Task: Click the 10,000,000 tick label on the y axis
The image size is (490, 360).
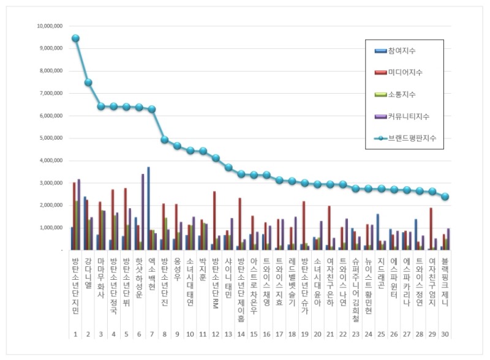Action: pyautogui.click(x=50, y=26)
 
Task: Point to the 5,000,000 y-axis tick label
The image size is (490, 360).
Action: pyautogui.click(x=51, y=138)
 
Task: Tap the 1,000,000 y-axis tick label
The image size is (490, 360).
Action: pyautogui.click(x=51, y=228)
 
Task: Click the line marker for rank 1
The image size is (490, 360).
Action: pyautogui.click(x=75, y=38)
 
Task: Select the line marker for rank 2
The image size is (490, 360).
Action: pyautogui.click(x=88, y=82)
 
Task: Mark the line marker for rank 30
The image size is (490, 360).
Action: pyautogui.click(x=445, y=197)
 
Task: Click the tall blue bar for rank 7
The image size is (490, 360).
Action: pyautogui.click(x=148, y=208)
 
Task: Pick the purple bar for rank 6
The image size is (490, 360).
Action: pyautogui.click(x=143, y=211)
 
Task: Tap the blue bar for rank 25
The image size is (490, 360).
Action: pyautogui.click(x=377, y=231)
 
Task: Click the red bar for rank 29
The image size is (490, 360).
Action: pyautogui.click(x=431, y=228)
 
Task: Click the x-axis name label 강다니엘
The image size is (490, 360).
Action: pyautogui.click(x=88, y=276)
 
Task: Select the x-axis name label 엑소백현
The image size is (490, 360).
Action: pyautogui.click(x=152, y=276)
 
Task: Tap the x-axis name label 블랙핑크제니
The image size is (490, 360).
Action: pyautogui.click(x=445, y=282)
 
